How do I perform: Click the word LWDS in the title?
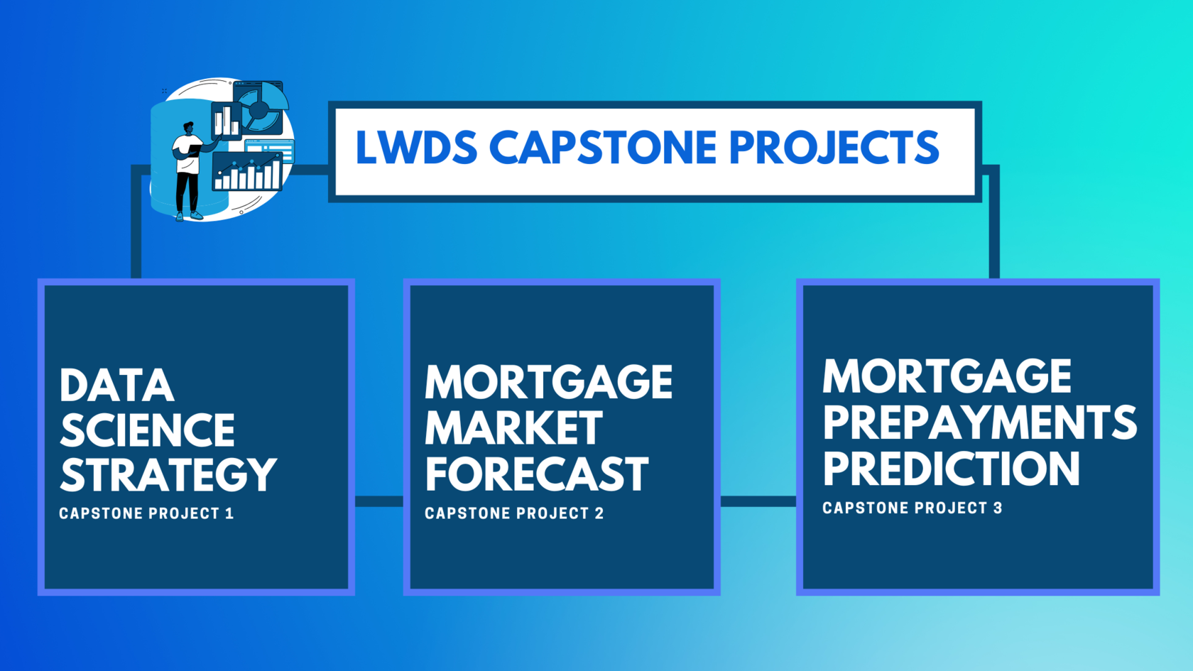pos(416,148)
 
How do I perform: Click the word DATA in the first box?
pos(116,385)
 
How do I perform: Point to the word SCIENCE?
pos(148,430)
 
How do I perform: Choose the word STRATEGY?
pos(168,474)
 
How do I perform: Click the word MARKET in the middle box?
pos(514,427)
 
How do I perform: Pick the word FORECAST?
pos(537,474)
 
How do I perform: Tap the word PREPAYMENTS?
pos(980,422)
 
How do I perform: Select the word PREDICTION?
pos(952,469)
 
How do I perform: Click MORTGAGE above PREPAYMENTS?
pos(947,376)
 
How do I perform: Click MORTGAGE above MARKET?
pos(548,381)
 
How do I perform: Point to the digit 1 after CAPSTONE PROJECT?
pos(229,513)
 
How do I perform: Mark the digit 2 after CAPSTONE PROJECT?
pos(599,513)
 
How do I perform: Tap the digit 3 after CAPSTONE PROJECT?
pos(998,508)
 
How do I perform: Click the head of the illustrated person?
pos(188,129)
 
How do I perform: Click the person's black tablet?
pos(193,151)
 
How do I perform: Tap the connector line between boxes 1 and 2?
pos(379,501)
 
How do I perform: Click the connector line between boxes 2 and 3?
pos(758,501)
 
